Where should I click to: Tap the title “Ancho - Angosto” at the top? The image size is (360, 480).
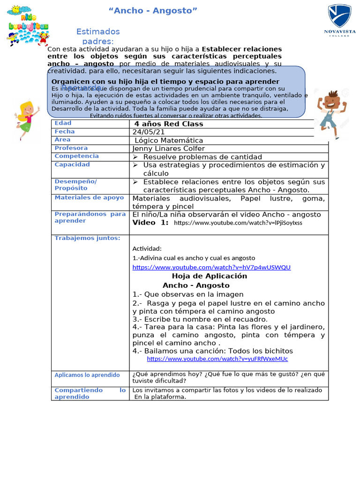pyautogui.click(x=153, y=11)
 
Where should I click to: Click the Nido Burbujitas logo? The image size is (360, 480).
pyautogui.click(x=28, y=24)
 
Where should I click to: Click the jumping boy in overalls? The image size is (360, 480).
pyautogui.click(x=332, y=113)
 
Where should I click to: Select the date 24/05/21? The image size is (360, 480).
pyautogui.click(x=149, y=132)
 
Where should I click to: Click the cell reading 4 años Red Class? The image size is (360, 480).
pyautogui.click(x=169, y=124)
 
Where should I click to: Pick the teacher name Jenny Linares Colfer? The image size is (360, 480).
pyautogui.click(x=169, y=149)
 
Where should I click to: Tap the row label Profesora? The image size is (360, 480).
pyautogui.click(x=71, y=148)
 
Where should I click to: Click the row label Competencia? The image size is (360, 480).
pyautogui.click(x=77, y=156)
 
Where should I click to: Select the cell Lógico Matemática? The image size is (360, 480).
pyautogui.click(x=169, y=140)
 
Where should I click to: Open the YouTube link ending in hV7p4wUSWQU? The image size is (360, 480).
pyautogui.click(x=211, y=267)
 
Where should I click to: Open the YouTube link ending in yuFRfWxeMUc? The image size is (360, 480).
pyautogui.click(x=217, y=359)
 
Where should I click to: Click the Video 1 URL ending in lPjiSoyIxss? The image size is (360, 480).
pyautogui.click(x=238, y=223)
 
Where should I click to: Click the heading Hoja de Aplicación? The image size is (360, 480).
pyautogui.click(x=209, y=276)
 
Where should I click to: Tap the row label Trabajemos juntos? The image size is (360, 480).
pyautogui.click(x=87, y=238)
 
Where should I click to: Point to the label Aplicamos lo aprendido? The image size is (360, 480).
pyautogui.click(x=87, y=375)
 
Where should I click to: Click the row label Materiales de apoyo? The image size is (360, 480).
pyautogui.click(x=89, y=198)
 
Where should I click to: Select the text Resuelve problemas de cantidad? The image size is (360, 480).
pyautogui.click(x=196, y=157)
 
